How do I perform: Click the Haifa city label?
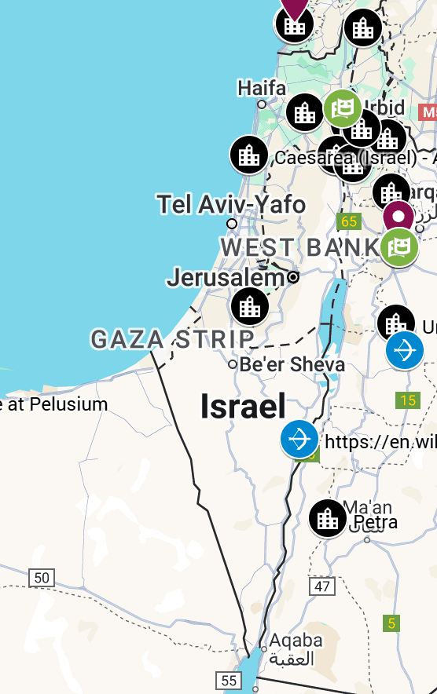coord(262,87)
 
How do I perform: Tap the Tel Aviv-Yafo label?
coord(230,205)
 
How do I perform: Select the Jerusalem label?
coord(225,277)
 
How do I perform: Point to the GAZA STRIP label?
coord(172,339)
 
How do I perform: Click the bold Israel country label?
coord(243,406)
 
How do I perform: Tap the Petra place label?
coord(375,522)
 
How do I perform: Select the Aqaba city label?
coord(296,641)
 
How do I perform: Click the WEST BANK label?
coord(301,247)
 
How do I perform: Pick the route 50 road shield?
coord(42,579)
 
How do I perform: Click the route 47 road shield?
coord(322,586)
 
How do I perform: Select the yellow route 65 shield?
coord(348,221)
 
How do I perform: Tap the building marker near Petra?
coord(328,518)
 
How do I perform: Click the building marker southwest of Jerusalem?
coord(250,306)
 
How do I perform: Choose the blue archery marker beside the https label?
coord(299,440)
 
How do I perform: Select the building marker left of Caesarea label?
coord(249,155)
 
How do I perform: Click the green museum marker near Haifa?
coord(343,109)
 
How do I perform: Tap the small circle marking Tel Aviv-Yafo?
coord(232,224)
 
